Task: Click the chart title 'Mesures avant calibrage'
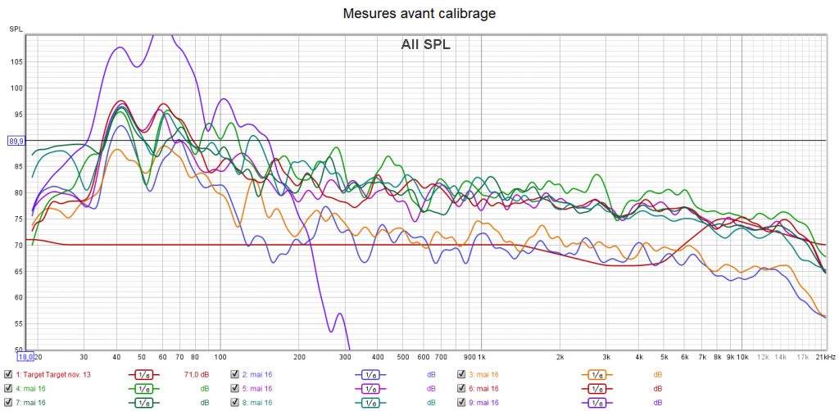(x=419, y=13)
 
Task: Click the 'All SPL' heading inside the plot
(x=425, y=45)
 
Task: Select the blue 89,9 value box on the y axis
(x=16, y=141)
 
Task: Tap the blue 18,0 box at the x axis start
(x=25, y=357)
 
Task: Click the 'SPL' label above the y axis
(x=16, y=29)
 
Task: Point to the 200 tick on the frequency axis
(x=299, y=358)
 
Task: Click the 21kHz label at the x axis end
(x=824, y=358)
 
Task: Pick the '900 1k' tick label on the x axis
(x=475, y=358)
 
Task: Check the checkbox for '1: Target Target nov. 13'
(x=8, y=375)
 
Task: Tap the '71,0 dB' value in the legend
(x=193, y=375)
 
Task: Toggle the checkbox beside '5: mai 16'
(x=235, y=389)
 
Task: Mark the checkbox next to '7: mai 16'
(x=8, y=402)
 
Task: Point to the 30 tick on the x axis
(x=84, y=358)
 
